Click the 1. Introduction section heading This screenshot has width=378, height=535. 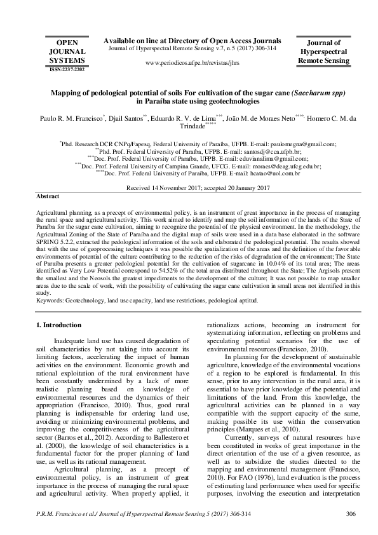tap(62, 325)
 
